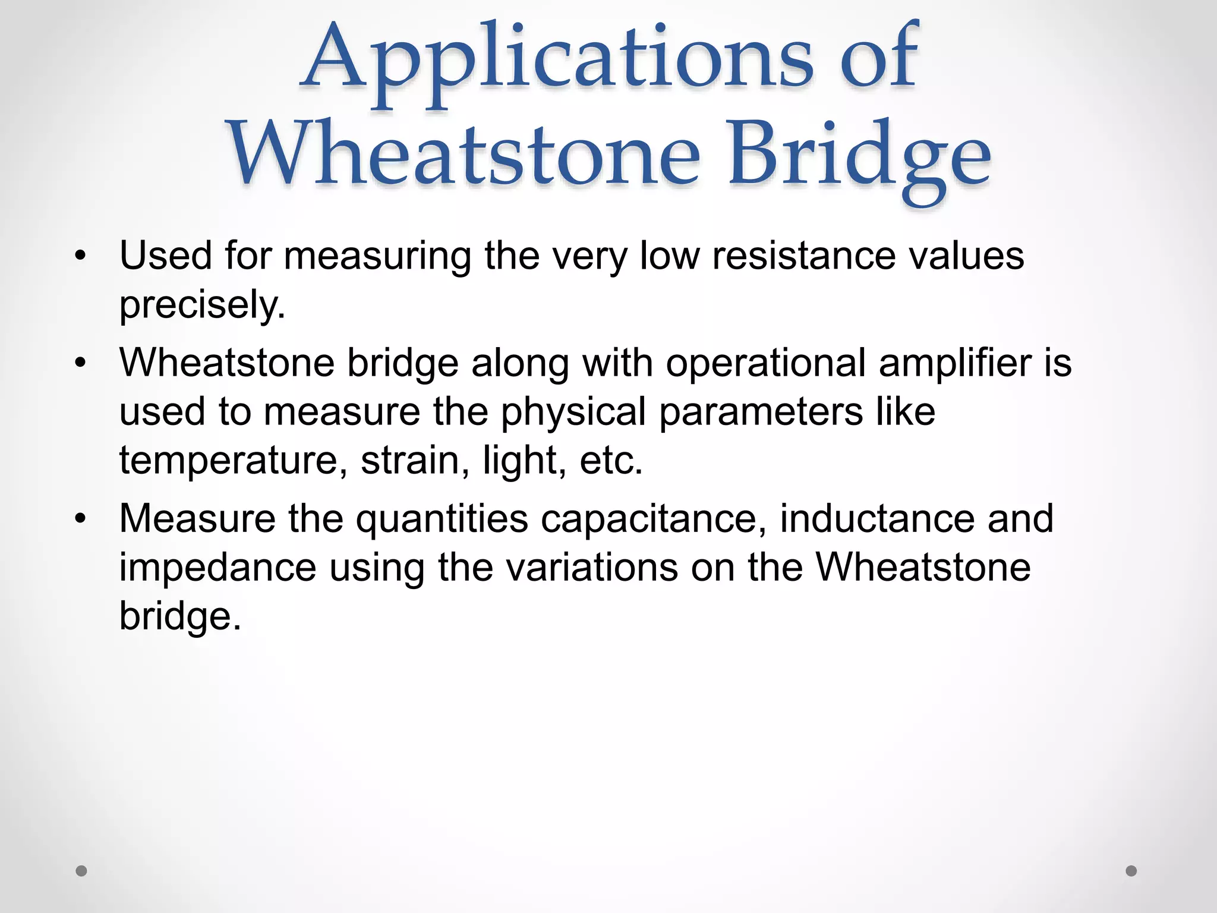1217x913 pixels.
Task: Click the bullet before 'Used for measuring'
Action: point(81,257)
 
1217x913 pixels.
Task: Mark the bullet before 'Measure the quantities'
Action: point(81,519)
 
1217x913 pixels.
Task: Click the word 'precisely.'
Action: point(203,305)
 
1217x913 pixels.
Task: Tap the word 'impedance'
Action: point(217,568)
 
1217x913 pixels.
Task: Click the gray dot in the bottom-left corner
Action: point(81,871)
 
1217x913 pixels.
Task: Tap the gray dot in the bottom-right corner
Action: point(1131,871)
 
